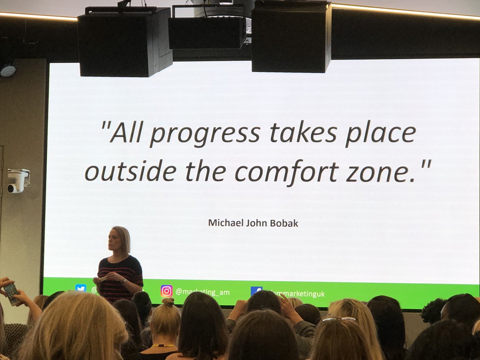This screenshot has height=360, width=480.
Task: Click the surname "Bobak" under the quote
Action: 285,223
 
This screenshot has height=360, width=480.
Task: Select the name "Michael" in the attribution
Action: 222,223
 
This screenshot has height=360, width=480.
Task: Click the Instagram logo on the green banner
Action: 166,291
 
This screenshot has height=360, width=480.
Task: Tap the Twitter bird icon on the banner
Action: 81,288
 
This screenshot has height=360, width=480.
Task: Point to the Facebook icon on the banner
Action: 256,291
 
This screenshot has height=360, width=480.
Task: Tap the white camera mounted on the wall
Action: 18,180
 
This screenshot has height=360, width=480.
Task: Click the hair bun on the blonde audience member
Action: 168,302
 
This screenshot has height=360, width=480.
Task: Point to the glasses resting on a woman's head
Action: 338,319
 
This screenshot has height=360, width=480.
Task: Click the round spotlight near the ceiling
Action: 8,70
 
